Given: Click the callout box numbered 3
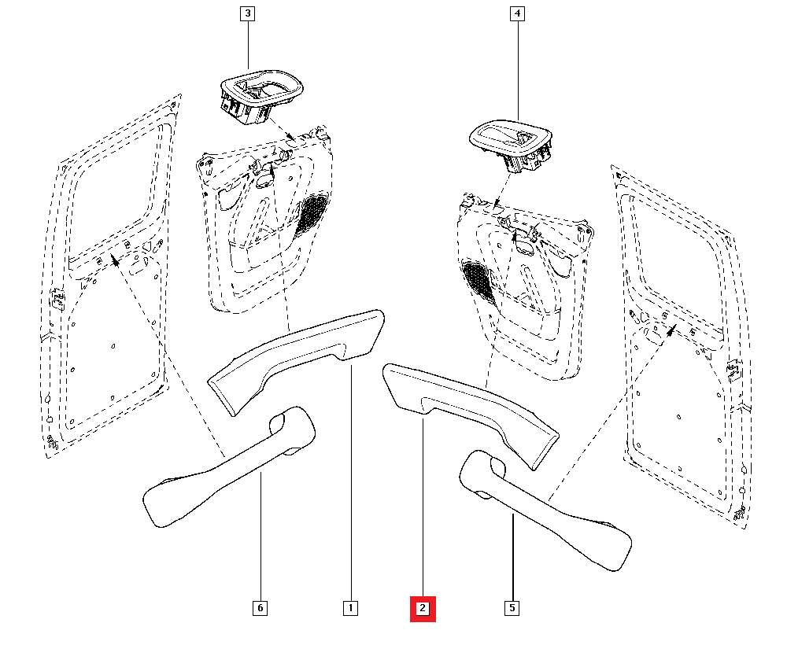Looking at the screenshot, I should (x=248, y=13).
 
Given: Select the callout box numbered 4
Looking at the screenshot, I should (x=517, y=13).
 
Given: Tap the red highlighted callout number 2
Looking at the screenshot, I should (x=423, y=608).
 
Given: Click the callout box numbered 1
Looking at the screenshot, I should (x=350, y=608).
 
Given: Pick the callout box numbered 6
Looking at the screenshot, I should (x=259, y=608).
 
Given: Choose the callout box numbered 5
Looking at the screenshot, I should (x=512, y=608).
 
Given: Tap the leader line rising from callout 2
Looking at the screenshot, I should (x=423, y=511).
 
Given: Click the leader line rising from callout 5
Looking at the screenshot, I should (x=512, y=558).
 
